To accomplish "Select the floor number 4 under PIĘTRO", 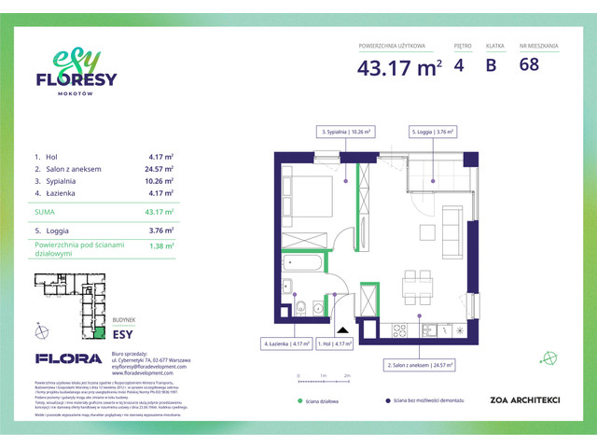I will click(x=459, y=66).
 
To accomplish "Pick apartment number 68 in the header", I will click(x=529, y=66).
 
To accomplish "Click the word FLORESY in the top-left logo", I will click(x=76, y=80).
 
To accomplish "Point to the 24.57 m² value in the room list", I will click(x=160, y=169).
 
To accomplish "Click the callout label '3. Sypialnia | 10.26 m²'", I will click(x=347, y=133).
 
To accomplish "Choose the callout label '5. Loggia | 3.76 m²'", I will click(x=433, y=133).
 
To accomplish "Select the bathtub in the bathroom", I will click(x=302, y=264).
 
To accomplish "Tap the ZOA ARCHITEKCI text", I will click(x=524, y=400).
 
